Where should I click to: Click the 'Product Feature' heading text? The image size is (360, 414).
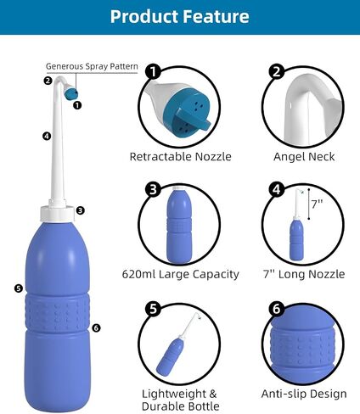click(x=180, y=16)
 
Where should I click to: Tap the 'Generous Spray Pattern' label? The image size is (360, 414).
click(x=92, y=66)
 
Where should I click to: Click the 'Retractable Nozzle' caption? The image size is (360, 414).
click(x=180, y=156)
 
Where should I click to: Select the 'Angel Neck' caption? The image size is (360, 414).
click(x=304, y=157)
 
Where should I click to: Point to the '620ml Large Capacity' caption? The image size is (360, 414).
click(x=181, y=274)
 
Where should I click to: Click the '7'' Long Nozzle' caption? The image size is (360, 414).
click(x=304, y=274)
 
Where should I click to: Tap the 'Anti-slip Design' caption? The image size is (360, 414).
click(x=304, y=394)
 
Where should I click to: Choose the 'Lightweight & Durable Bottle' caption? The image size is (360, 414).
click(x=181, y=400)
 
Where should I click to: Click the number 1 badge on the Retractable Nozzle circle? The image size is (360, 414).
click(x=153, y=71)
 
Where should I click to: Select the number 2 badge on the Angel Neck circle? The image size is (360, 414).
click(x=277, y=71)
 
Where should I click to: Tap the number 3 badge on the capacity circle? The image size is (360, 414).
click(x=153, y=189)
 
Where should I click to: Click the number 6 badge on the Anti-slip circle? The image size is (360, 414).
click(x=277, y=309)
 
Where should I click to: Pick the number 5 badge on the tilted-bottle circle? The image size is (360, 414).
click(x=153, y=309)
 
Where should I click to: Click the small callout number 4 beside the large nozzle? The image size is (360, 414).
click(x=47, y=136)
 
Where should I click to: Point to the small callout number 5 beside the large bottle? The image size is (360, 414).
click(x=19, y=288)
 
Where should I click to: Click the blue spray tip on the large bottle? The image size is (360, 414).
click(x=71, y=94)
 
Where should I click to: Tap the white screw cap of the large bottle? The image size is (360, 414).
click(x=58, y=214)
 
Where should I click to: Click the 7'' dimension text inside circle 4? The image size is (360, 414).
click(x=317, y=204)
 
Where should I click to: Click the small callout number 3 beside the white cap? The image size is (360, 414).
click(x=81, y=210)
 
